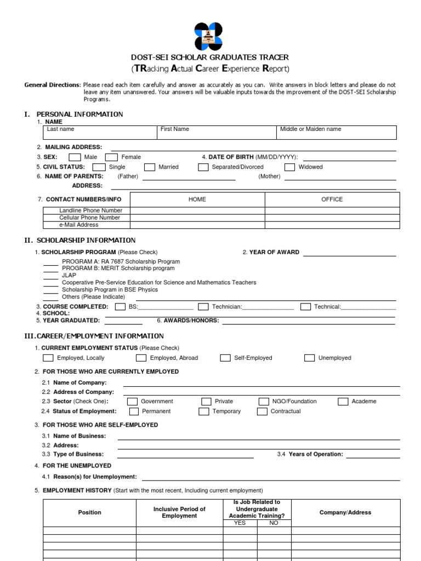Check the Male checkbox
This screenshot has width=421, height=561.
75,157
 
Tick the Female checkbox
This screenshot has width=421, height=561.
112,157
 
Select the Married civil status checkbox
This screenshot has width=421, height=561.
150,167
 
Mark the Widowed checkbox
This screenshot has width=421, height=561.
290,167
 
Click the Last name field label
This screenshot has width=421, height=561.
60,129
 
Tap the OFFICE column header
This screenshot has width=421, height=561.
332,199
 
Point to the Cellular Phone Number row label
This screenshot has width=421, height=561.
90,217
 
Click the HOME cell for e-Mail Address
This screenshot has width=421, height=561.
197,225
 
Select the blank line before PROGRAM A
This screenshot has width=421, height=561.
51,262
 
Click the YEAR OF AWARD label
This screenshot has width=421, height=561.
274,253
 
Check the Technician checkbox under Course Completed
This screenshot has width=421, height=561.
203,307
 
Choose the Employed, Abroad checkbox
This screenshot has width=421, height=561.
141,358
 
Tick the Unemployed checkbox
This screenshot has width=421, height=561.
309,358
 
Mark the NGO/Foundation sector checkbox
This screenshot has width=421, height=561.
264,402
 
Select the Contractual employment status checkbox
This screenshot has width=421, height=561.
262,411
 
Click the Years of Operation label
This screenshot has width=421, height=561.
315,454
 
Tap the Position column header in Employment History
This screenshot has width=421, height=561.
90,512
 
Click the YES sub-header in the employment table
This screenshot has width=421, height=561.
240,523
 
